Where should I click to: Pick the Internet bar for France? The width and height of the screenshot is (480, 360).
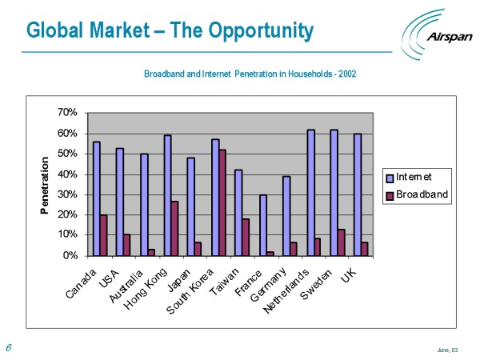(262, 225)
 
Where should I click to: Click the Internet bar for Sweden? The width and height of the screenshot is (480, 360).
(333, 192)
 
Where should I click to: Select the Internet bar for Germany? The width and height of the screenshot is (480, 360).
(286, 216)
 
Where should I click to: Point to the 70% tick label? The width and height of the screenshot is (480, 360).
(67, 113)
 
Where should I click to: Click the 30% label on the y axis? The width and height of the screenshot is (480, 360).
(67, 194)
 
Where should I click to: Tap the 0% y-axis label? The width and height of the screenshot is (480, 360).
(70, 256)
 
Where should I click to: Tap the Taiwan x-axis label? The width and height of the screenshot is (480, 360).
(227, 276)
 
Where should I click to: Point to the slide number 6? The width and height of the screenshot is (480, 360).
(8, 347)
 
